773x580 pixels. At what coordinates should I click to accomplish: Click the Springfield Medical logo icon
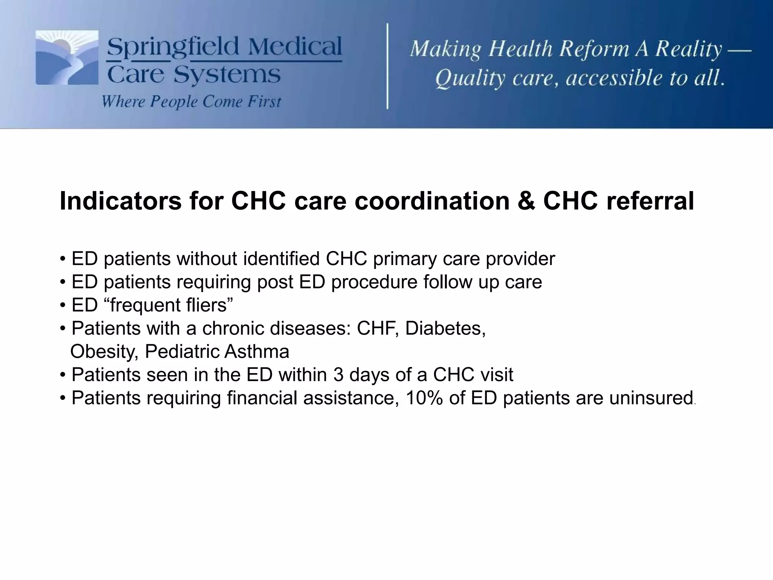click(x=67, y=57)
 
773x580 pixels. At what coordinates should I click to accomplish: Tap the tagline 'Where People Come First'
click(x=191, y=102)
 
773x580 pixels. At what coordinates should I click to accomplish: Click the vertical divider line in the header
click(x=387, y=66)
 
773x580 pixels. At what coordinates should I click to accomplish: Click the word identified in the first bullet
click(x=281, y=259)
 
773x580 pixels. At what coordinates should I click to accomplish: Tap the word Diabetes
click(x=445, y=328)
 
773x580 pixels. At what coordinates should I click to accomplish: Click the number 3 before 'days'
click(x=338, y=375)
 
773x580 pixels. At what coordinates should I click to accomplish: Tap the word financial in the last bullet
click(x=262, y=398)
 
